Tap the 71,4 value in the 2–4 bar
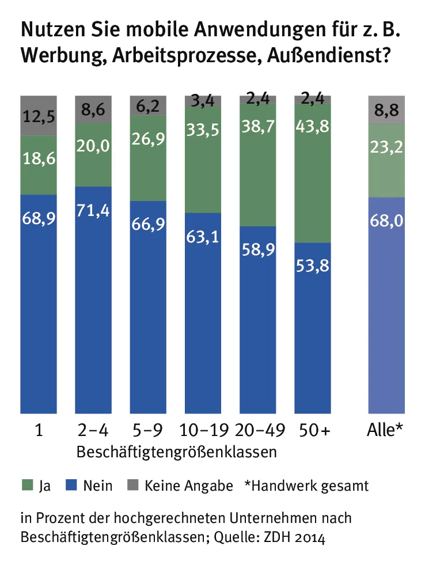coord(93,210)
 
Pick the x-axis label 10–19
coord(203,430)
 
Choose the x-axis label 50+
coord(313,430)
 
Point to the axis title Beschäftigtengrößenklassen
coord(177,451)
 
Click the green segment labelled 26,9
coord(149,158)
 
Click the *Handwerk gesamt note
coord(306,486)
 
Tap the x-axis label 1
coord(38,430)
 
